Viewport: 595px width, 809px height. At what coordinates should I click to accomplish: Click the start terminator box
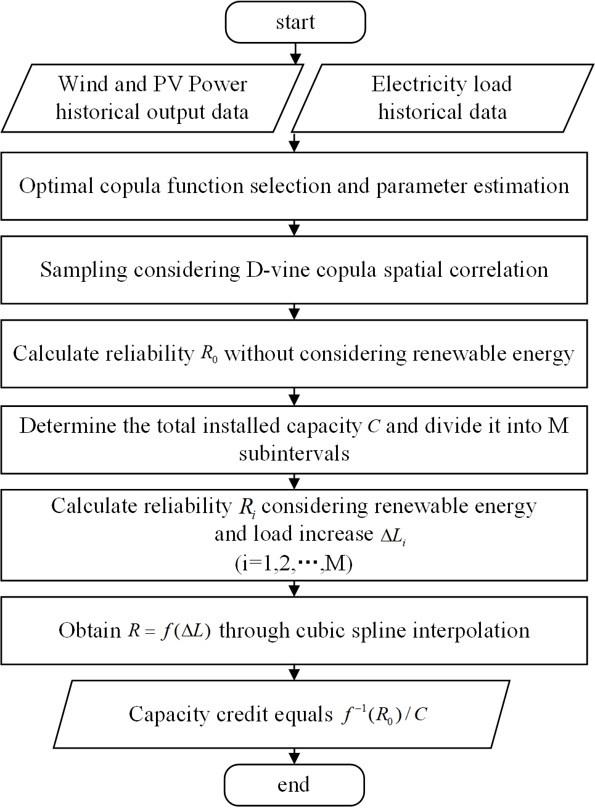tap(295, 23)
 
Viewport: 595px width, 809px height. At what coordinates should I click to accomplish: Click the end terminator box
tap(293, 785)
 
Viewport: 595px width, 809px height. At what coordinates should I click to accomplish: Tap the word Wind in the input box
tap(81, 84)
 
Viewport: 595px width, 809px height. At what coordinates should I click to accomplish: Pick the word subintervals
tap(294, 453)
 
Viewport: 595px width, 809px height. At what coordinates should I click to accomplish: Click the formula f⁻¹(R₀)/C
tap(384, 715)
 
